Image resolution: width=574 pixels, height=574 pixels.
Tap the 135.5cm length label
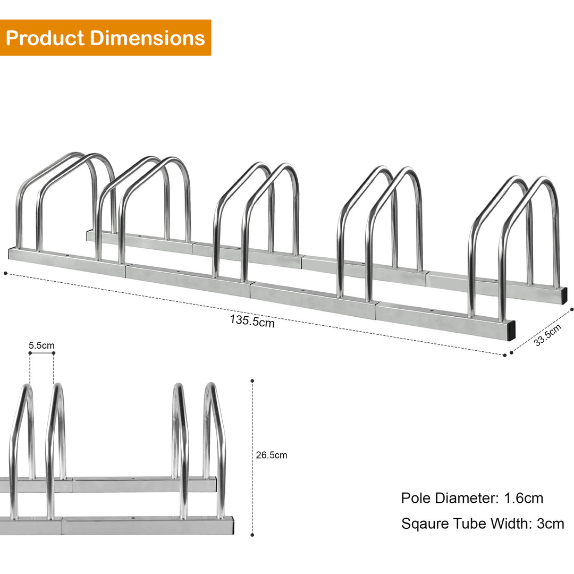tap(252, 321)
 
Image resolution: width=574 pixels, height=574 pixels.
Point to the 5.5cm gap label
tap(41, 346)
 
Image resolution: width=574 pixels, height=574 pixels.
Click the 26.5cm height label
tap(272, 455)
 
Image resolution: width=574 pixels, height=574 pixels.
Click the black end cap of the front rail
tap(510, 331)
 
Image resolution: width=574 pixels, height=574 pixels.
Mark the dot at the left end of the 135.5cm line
tap(5, 274)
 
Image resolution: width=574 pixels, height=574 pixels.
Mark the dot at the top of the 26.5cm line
tap(252, 381)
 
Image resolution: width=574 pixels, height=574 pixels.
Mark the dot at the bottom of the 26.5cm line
tap(252, 535)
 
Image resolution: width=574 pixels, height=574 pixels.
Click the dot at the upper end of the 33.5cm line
tap(571, 309)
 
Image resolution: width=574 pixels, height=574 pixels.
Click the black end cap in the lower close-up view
tap(234, 526)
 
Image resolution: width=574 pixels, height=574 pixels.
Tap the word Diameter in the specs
tap(468, 498)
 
